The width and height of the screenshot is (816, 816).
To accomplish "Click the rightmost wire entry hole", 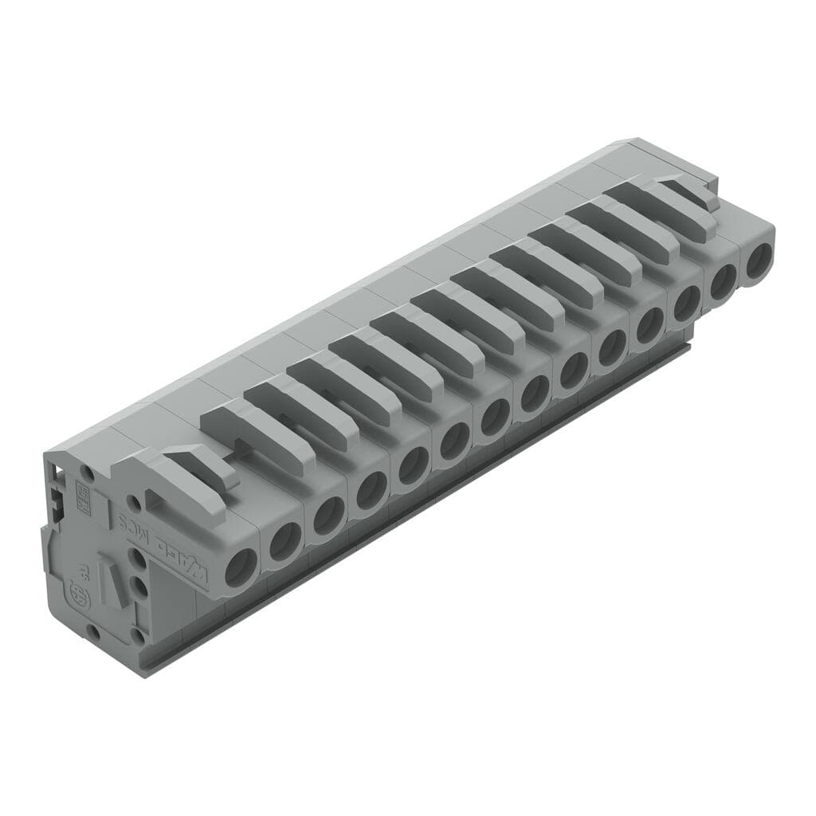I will tap(759, 260).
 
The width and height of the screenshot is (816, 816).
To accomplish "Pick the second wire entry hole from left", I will tap(285, 542).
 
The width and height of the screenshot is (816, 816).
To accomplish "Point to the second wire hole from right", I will tap(723, 281).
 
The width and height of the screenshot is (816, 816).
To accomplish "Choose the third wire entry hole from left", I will tap(328, 516).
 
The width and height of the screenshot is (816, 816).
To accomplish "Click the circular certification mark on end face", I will tap(80, 594).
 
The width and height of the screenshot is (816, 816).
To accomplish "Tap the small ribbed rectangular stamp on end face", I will tap(81, 493).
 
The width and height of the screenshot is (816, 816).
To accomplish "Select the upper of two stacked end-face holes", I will tap(139, 559).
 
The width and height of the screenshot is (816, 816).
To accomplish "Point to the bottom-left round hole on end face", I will tap(93, 631).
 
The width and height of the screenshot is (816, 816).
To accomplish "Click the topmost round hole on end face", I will tap(88, 473).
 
